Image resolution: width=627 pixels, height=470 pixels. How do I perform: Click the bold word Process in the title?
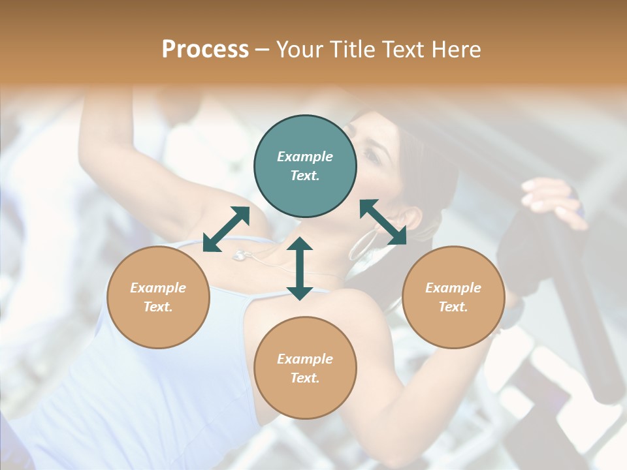205,50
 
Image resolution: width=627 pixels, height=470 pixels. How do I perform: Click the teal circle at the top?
305,166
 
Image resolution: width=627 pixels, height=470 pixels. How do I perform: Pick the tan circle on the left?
158,297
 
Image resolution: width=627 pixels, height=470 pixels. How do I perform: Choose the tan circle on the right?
453,297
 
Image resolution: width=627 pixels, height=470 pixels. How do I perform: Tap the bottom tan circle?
305,368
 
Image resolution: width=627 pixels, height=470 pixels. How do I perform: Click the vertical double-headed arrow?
300,268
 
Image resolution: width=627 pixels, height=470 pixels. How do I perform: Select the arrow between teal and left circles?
226,229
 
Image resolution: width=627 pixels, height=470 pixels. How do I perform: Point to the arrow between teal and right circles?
383,222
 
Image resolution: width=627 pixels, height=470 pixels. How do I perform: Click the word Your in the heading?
297,50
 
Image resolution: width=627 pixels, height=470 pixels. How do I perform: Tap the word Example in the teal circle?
305,157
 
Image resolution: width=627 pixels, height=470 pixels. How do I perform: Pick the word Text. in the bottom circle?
305,378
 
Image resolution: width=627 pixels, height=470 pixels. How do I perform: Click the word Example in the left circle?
158,288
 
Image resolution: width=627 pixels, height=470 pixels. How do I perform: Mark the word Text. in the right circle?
453,307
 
